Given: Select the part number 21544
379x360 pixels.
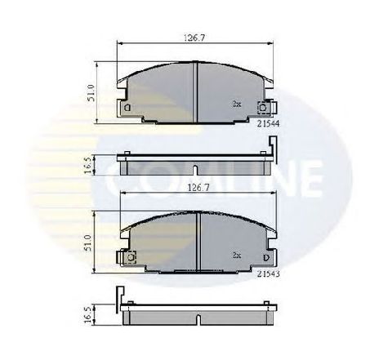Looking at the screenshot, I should [x=266, y=123].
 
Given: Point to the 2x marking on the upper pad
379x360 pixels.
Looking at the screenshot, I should [x=236, y=104].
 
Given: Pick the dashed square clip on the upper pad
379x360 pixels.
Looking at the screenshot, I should [x=265, y=106].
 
